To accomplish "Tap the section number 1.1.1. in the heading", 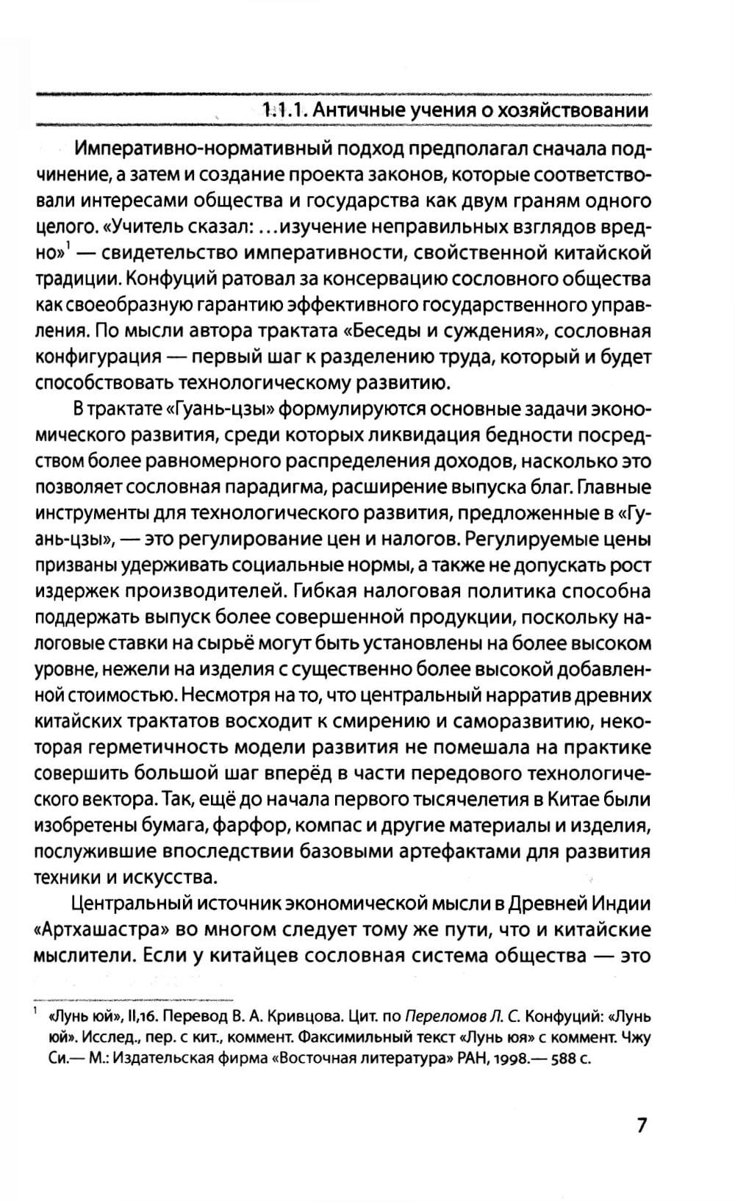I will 284,111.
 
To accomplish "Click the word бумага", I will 176,826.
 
